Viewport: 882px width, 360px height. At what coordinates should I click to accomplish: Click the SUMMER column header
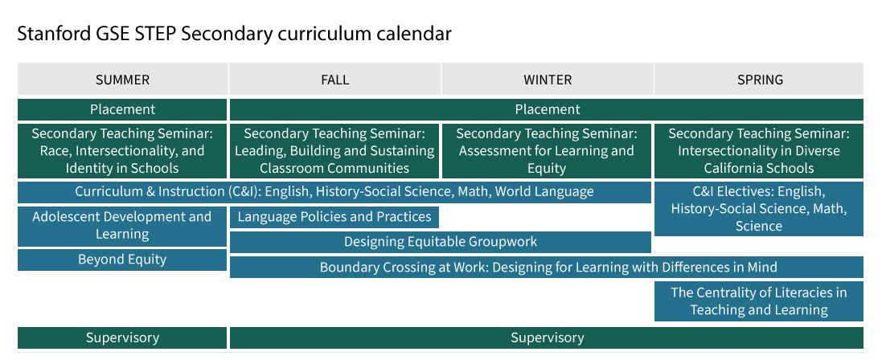point(122,80)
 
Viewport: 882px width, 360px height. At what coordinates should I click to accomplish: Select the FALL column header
point(334,80)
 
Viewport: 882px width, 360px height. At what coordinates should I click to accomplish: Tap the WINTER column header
point(548,80)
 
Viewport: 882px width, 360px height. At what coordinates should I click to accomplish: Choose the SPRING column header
point(760,80)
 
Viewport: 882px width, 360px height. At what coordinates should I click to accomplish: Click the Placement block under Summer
point(122,109)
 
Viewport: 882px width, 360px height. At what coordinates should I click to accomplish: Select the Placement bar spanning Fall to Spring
point(547,109)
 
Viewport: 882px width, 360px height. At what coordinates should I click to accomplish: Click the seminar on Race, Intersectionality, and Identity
point(122,151)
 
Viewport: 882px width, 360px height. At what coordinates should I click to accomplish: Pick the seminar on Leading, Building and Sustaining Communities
point(334,151)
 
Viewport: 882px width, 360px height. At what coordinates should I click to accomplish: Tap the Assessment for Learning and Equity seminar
point(547,151)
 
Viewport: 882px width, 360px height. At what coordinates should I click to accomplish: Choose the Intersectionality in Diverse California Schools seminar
point(759,151)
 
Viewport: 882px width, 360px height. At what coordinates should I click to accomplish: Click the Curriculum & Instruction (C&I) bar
point(334,192)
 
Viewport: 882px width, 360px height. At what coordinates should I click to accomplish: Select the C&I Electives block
point(759,209)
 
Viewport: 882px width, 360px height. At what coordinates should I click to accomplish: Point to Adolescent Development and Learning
point(122,226)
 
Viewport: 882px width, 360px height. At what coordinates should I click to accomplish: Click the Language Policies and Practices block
point(334,217)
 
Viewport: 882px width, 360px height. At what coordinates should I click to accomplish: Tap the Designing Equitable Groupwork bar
point(441,242)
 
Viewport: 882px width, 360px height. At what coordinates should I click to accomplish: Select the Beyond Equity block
point(122,260)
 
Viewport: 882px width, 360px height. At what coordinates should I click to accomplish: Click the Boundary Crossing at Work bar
point(547,268)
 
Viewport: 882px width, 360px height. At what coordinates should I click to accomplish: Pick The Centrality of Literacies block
point(759,301)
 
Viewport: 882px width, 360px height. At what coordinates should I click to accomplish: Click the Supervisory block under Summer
point(122,338)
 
